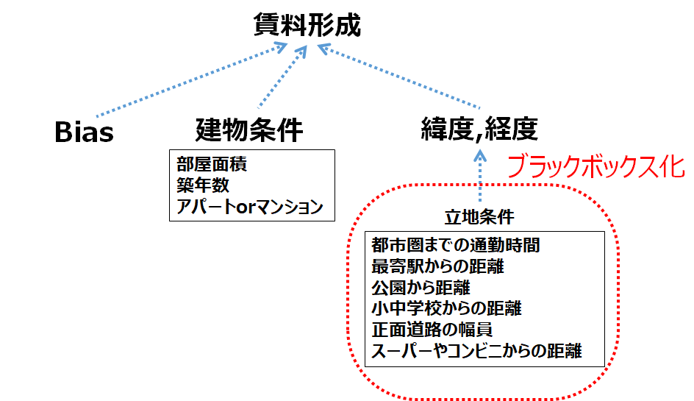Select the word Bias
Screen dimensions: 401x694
tap(85, 133)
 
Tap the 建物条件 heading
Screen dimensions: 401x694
tap(249, 130)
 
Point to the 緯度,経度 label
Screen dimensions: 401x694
tap(479, 130)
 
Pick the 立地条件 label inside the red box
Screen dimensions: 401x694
tap(479, 217)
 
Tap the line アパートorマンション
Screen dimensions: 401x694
tap(250, 206)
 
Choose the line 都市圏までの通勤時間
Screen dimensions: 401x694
tap(457, 244)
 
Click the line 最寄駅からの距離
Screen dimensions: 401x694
tap(437, 265)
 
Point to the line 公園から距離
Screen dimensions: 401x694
tap(421, 286)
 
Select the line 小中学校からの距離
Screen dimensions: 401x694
tap(448, 308)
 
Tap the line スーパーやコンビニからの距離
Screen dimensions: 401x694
tap(477, 350)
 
